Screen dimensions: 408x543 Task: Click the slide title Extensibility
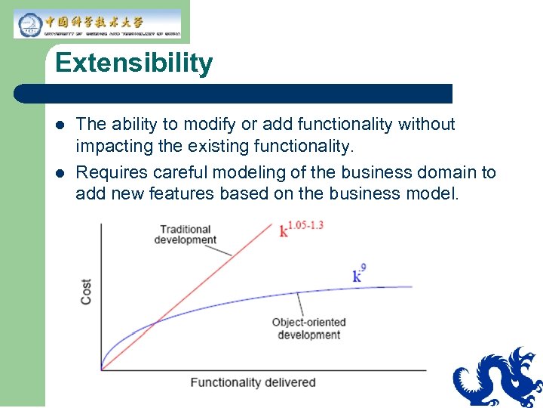pyautogui.click(x=133, y=63)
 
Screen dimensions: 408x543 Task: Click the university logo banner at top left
pyautogui.click(x=97, y=24)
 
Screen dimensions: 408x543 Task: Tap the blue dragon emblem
pyautogui.click(x=499, y=378)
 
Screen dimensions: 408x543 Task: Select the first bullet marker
pyautogui.click(x=60, y=125)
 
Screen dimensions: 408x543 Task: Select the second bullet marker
pyautogui.click(x=60, y=173)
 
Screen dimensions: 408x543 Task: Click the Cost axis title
pyautogui.click(x=86, y=292)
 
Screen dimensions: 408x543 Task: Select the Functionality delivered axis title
pyautogui.click(x=253, y=382)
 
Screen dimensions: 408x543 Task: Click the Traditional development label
pyautogui.click(x=185, y=234)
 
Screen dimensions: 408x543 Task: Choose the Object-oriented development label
pyautogui.click(x=308, y=329)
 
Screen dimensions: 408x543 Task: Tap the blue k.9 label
pyautogui.click(x=360, y=273)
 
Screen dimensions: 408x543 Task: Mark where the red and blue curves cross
pyautogui.click(x=155, y=323)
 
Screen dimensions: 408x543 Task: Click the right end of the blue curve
pyautogui.click(x=412, y=287)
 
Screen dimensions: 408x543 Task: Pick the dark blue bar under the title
pyautogui.click(x=234, y=94)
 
